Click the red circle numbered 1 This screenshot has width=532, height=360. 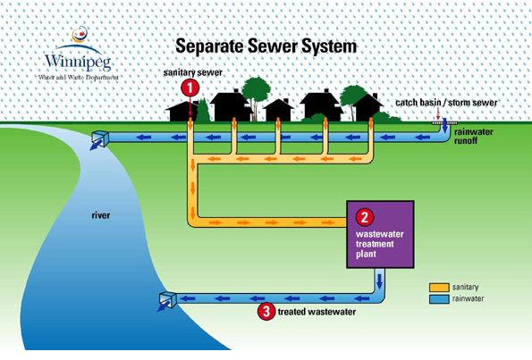190,88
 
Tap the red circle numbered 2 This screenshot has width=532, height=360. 365,217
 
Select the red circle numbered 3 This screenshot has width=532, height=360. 266,311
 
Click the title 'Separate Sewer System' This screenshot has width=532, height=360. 266,46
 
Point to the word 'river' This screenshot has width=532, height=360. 101,215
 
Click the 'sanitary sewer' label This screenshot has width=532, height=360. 193,72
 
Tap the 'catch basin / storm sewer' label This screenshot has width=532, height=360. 446,103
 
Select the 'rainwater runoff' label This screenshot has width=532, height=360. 473,136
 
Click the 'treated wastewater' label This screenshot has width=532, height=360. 317,312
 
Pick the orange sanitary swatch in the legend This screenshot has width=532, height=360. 439,288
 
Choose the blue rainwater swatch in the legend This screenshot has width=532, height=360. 439,299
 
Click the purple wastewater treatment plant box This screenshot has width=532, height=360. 380,234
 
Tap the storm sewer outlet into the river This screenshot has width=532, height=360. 100,138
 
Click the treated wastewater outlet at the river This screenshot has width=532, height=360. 168,299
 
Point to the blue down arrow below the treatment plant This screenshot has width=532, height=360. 379,280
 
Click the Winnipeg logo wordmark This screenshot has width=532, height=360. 79,62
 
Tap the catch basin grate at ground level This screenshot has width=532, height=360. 444,122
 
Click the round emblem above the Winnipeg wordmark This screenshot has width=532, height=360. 80,35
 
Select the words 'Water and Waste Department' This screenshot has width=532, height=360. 79,78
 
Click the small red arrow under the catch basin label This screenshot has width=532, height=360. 438,113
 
